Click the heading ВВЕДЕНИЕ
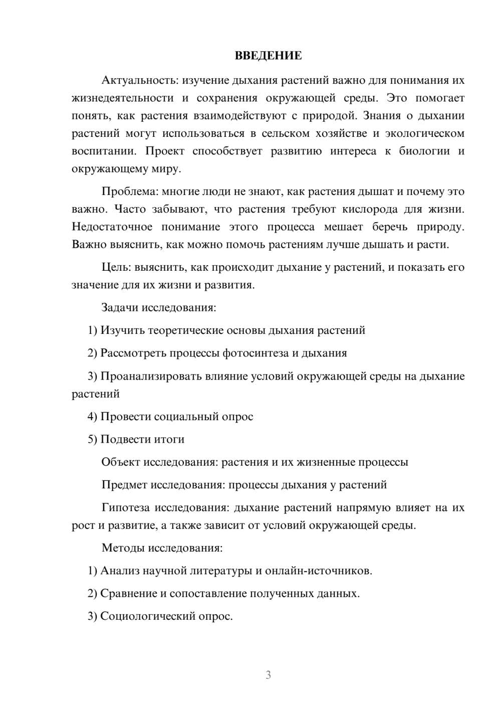[269, 56]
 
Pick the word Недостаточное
[112, 227]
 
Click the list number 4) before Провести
[92, 417]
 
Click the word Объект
[120, 462]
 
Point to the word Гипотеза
[125, 507]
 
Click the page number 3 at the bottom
[268, 675]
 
